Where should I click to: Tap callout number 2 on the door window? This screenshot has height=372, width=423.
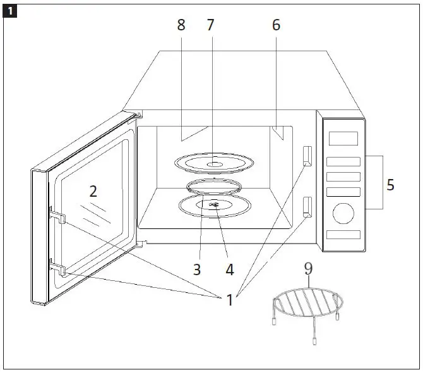coord(93,190)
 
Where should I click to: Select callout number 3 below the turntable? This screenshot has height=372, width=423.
coord(197,269)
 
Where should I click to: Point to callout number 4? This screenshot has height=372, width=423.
coord(230,269)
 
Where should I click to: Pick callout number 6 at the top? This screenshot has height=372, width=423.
coord(276,25)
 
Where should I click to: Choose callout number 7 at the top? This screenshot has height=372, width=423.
coord(210,25)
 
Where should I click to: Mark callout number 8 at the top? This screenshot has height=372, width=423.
coord(181,25)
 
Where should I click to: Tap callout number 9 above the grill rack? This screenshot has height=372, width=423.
coord(308,268)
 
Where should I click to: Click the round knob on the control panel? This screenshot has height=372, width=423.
coord(343,213)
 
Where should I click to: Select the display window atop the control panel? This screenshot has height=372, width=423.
coord(344,138)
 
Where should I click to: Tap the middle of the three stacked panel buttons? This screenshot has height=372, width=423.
coord(343,177)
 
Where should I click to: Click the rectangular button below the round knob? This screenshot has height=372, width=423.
coord(343,235)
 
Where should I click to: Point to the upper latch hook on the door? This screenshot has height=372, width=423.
coord(56,216)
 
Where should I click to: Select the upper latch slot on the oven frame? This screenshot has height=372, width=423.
coord(307,155)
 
